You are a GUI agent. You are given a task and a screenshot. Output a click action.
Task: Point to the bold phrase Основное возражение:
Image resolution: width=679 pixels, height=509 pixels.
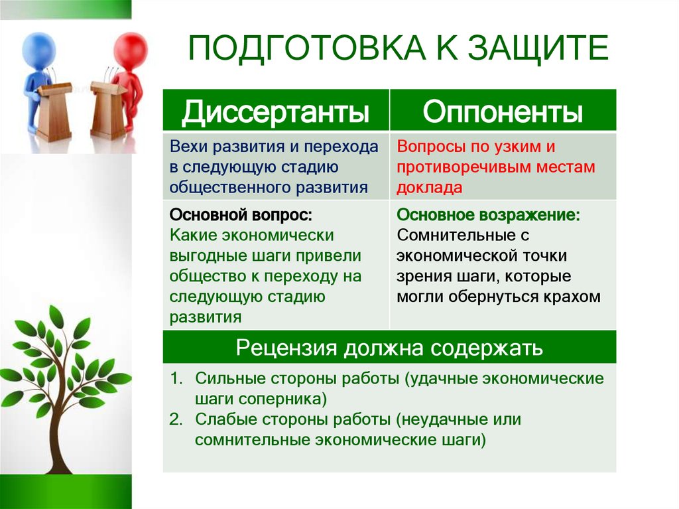488,216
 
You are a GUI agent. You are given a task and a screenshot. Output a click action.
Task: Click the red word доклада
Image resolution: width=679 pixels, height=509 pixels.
429,188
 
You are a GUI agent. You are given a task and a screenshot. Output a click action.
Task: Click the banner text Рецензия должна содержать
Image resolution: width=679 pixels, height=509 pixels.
390,347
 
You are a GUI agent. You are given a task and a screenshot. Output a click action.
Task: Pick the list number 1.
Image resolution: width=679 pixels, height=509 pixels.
175,379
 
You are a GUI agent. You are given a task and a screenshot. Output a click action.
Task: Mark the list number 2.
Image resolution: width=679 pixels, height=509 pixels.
175,419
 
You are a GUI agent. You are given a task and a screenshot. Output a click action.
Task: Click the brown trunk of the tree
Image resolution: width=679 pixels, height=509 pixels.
63,431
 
